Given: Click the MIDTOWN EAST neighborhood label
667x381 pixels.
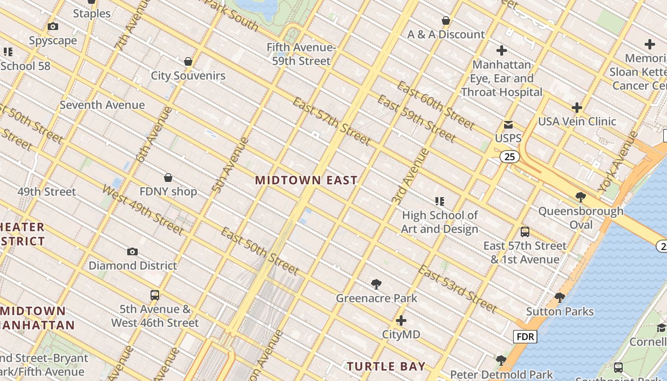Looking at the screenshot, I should click(306, 180).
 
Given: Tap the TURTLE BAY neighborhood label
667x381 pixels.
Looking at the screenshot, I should click(386, 366).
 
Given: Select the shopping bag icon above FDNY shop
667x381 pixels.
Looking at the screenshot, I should click(168, 178).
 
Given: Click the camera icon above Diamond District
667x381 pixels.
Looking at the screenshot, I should click(132, 252).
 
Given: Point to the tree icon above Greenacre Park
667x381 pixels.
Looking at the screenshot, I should click(376, 285).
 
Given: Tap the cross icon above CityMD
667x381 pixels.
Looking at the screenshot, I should click(401, 321).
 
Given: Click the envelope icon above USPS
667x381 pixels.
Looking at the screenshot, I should click(508, 125).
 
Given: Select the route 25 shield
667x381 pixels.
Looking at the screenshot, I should click(509, 156).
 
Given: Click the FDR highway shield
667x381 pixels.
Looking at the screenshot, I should click(525, 337).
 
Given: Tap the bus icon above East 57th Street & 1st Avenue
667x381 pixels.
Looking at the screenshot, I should click(525, 232).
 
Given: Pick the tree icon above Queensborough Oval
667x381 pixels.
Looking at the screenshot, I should click(580, 197).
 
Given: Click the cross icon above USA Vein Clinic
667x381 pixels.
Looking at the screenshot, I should click(577, 108).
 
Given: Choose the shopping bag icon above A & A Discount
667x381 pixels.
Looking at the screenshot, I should click(446, 21).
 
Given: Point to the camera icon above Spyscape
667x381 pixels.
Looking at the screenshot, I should click(53, 27).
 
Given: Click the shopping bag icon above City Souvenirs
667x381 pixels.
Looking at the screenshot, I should click(188, 62).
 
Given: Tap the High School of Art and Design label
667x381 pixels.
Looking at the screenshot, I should click(439, 222).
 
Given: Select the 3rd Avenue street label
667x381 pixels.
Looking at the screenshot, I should click(410, 177).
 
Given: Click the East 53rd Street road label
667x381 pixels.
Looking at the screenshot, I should click(457, 289).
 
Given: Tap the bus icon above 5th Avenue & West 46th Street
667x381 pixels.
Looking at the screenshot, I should click(155, 295).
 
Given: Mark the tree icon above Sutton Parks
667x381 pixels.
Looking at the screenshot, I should click(560, 298).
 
